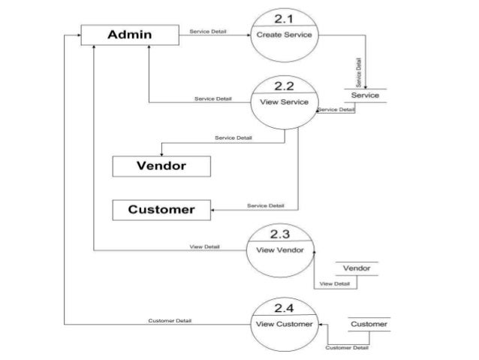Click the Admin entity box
129,35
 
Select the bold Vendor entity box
161,165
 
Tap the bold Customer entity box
161,210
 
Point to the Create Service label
286,35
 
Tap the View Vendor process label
280,250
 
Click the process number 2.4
285,309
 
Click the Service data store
366,95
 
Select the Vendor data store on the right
357,268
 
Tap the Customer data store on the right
369,325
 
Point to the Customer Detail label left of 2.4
170,321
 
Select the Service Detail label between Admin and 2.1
209,32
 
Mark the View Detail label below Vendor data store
335,283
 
